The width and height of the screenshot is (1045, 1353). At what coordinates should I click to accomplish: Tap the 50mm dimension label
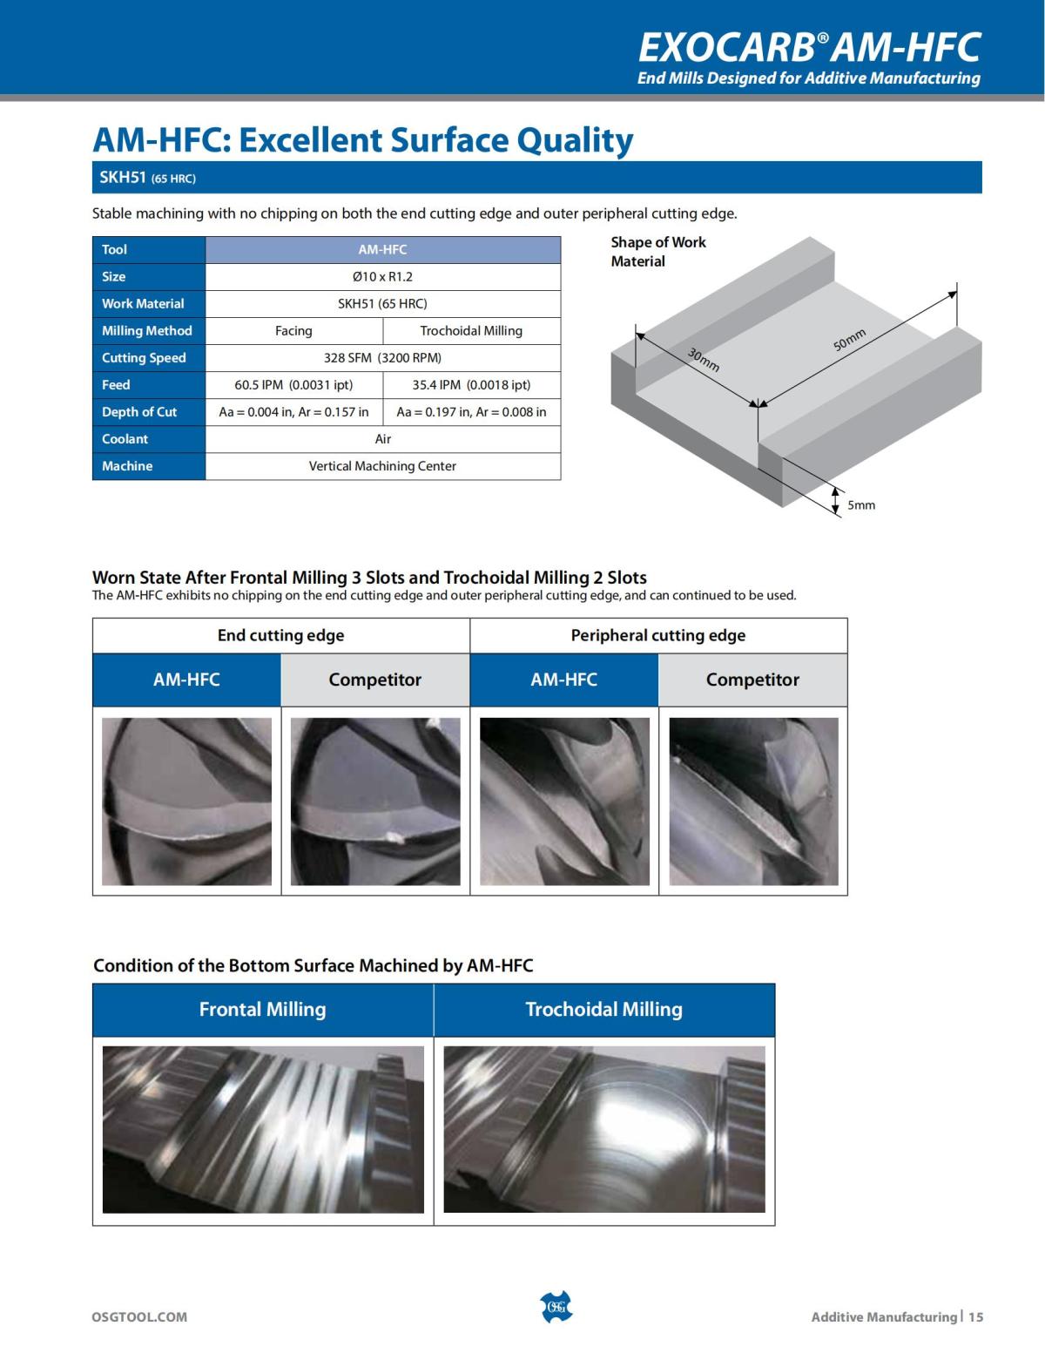tap(850, 339)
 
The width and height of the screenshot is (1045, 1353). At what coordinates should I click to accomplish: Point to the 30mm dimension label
tap(704, 359)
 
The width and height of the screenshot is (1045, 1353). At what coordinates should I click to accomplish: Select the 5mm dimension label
tap(861, 505)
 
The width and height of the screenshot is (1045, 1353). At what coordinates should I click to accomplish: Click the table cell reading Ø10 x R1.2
tap(382, 277)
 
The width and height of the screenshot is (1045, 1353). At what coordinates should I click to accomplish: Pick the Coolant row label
tap(125, 439)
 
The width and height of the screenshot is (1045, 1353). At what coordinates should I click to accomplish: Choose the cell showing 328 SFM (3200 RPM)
tap(382, 358)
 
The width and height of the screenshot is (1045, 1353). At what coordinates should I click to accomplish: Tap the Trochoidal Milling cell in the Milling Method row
tap(471, 331)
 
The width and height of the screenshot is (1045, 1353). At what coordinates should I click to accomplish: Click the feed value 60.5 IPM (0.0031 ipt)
tap(294, 385)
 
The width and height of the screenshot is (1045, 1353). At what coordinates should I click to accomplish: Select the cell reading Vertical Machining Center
tap(382, 466)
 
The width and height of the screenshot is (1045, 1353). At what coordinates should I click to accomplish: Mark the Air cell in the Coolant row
tap(382, 439)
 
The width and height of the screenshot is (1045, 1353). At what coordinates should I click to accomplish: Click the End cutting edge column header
tap(280, 636)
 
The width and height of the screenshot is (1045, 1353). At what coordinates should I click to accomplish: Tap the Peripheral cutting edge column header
tap(658, 636)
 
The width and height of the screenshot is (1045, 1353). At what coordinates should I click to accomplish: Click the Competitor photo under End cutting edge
tap(375, 802)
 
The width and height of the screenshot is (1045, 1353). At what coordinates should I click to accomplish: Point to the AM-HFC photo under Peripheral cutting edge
tap(564, 802)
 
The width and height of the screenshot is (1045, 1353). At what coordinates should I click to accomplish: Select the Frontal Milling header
tap(262, 1010)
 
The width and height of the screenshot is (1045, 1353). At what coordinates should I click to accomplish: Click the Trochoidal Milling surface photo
tap(604, 1129)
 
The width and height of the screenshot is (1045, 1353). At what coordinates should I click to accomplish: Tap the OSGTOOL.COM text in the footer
tap(139, 1316)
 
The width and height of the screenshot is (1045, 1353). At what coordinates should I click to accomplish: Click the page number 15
tap(975, 1316)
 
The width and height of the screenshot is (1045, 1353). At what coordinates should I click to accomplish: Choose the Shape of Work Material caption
tap(657, 252)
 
